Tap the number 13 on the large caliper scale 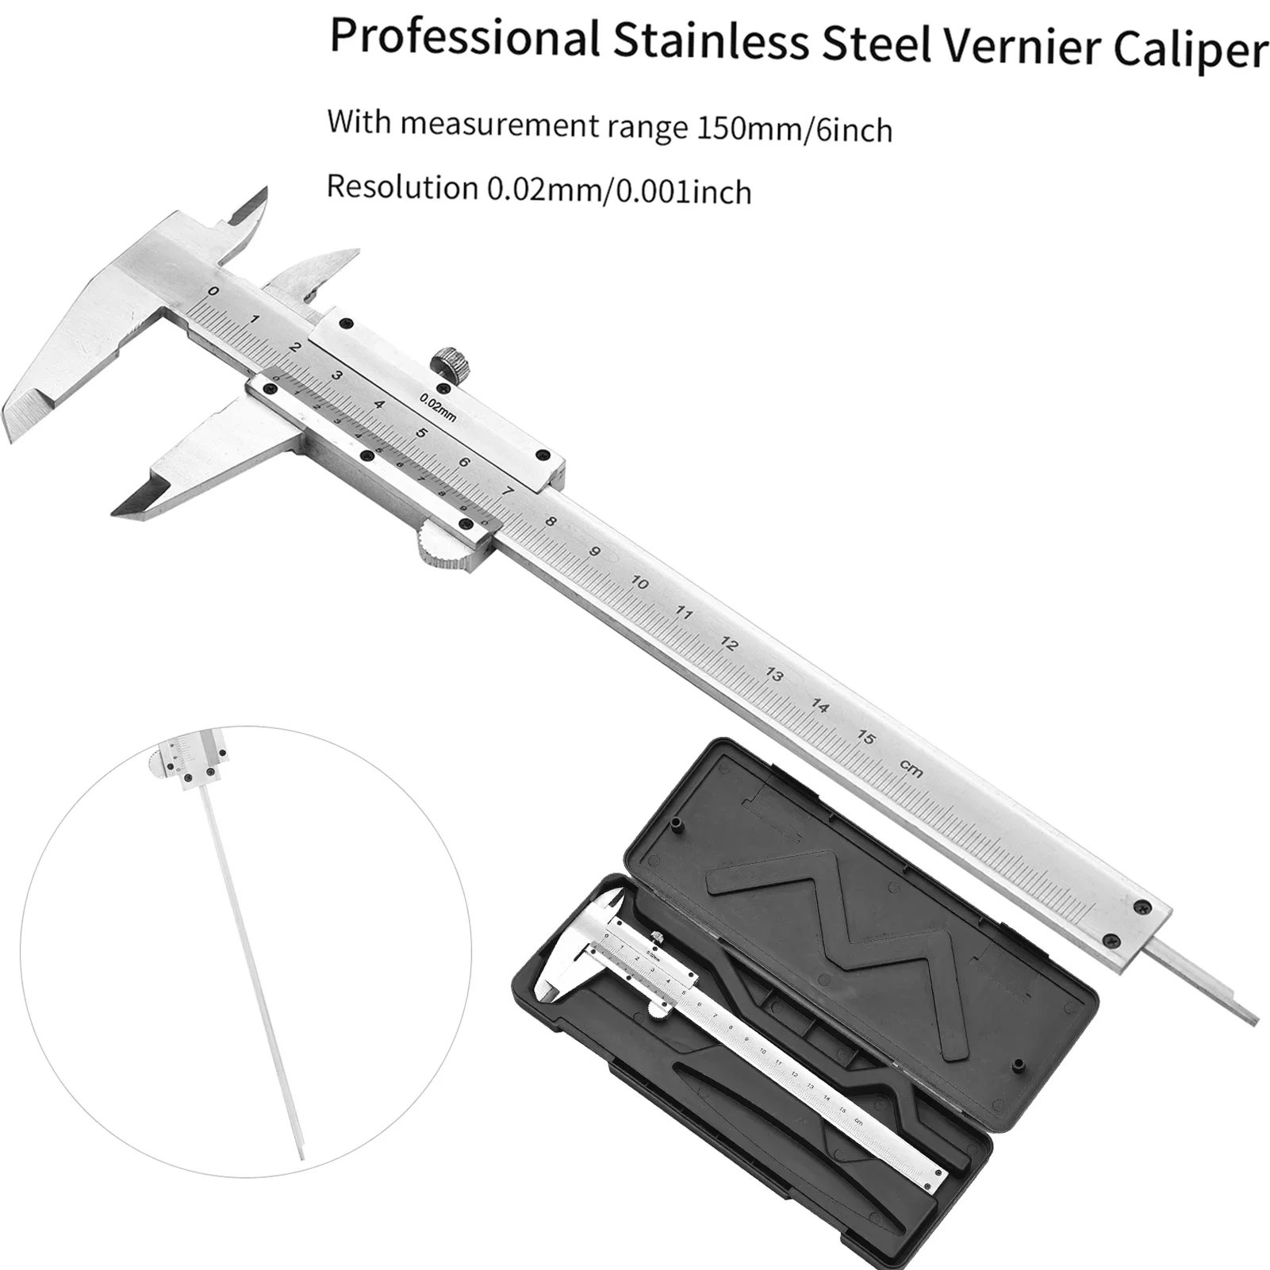point(774,676)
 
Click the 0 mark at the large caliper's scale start point(212,292)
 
